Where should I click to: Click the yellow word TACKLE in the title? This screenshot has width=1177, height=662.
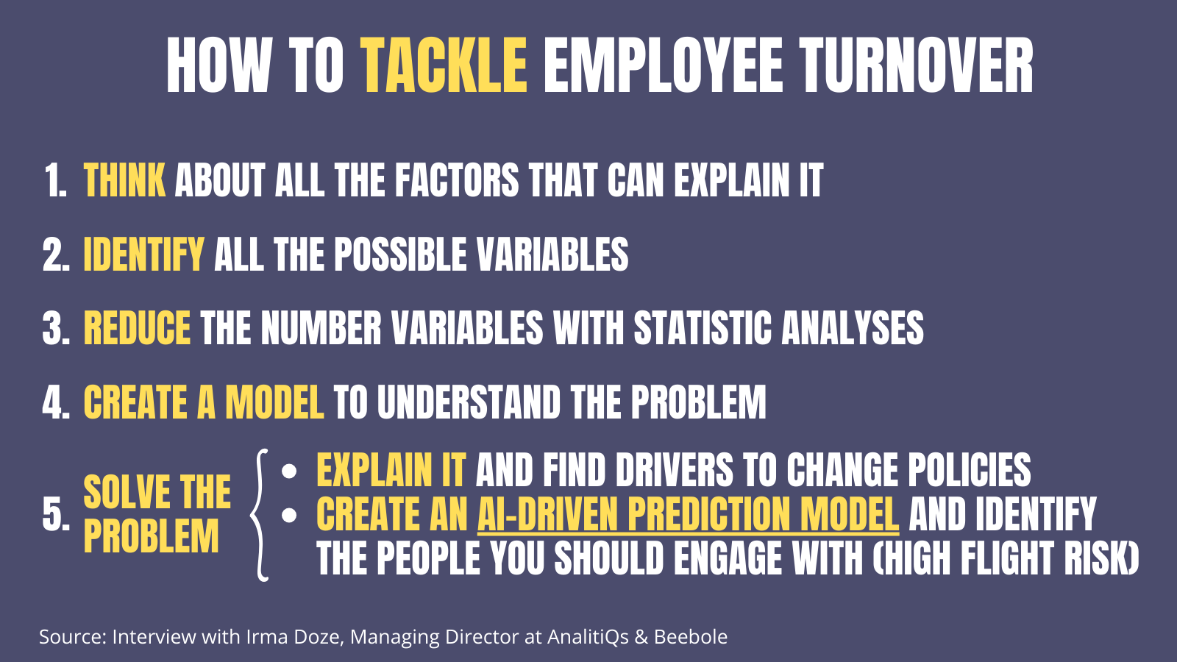[x=445, y=66]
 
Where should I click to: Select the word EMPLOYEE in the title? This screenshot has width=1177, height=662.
[x=663, y=66]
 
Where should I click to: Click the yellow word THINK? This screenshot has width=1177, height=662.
[x=124, y=181]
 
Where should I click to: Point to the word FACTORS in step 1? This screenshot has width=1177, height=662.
[x=457, y=181]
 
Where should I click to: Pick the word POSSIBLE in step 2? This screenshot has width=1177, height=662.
[x=400, y=255]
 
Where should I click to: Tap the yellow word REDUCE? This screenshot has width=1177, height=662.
[x=137, y=328]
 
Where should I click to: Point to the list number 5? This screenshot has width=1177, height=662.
[x=55, y=515]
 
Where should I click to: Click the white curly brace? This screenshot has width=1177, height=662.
[x=259, y=514]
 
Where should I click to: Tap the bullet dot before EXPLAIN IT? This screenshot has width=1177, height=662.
[x=289, y=471]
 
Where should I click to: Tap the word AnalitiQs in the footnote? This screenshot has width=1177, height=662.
[x=588, y=637]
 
